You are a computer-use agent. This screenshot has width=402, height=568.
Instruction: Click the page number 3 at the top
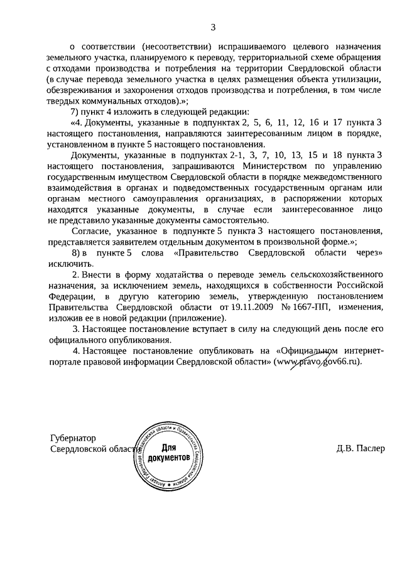[213, 26]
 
